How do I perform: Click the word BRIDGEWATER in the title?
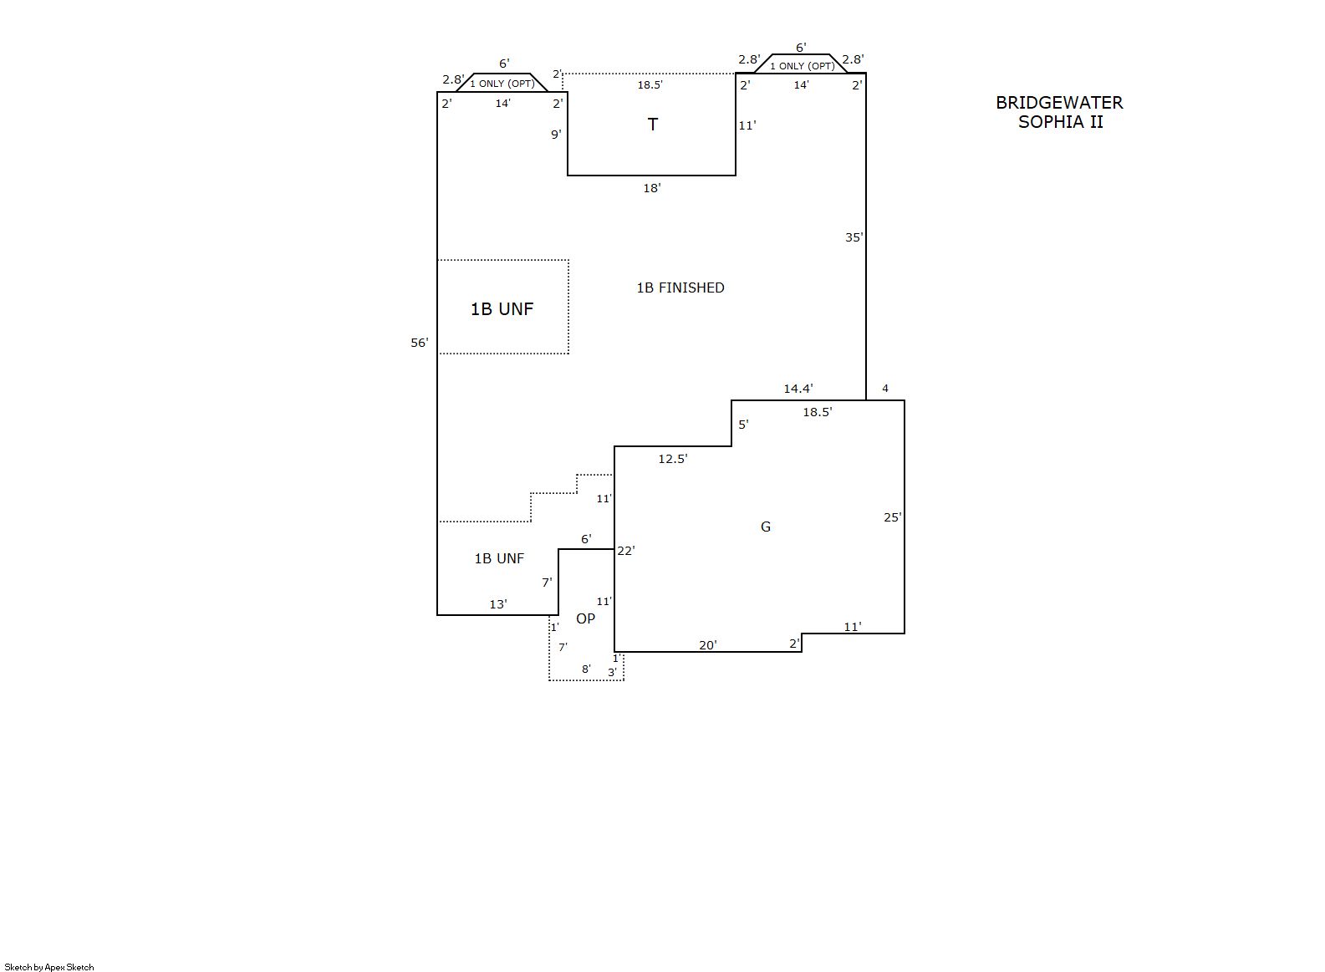point(1059,103)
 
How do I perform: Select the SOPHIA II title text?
point(1061,122)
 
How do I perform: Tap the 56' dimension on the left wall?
point(420,343)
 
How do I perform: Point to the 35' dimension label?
point(854,237)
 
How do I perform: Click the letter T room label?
point(652,125)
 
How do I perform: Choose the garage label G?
point(766,527)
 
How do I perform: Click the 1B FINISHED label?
point(680,288)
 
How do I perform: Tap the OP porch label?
point(586,618)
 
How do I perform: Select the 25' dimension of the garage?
point(893,517)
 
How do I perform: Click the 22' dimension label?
point(626,551)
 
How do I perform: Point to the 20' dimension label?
point(708,645)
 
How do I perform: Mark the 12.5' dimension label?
point(673,459)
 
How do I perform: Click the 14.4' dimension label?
point(798,389)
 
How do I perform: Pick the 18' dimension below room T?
point(652,188)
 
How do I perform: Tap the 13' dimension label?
point(498,604)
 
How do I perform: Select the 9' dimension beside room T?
point(556,135)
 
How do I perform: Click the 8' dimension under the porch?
point(586,669)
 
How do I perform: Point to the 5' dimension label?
point(743,425)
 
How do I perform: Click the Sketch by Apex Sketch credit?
point(49,967)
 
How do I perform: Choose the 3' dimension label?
point(612,672)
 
